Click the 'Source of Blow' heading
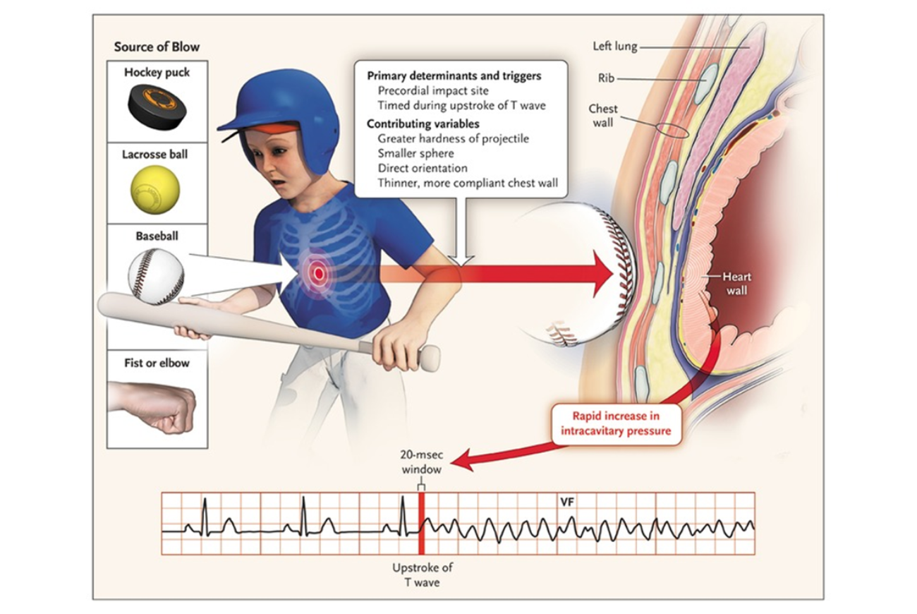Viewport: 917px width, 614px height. point(157,47)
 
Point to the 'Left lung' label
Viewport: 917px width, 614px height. point(615,47)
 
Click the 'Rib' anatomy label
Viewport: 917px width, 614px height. point(607,78)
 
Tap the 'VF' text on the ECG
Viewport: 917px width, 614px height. point(566,501)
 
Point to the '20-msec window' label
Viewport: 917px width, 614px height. point(420,463)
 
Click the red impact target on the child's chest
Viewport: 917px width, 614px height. point(318,272)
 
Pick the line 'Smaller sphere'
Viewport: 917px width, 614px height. point(415,153)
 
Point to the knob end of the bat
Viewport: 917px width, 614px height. point(430,359)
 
